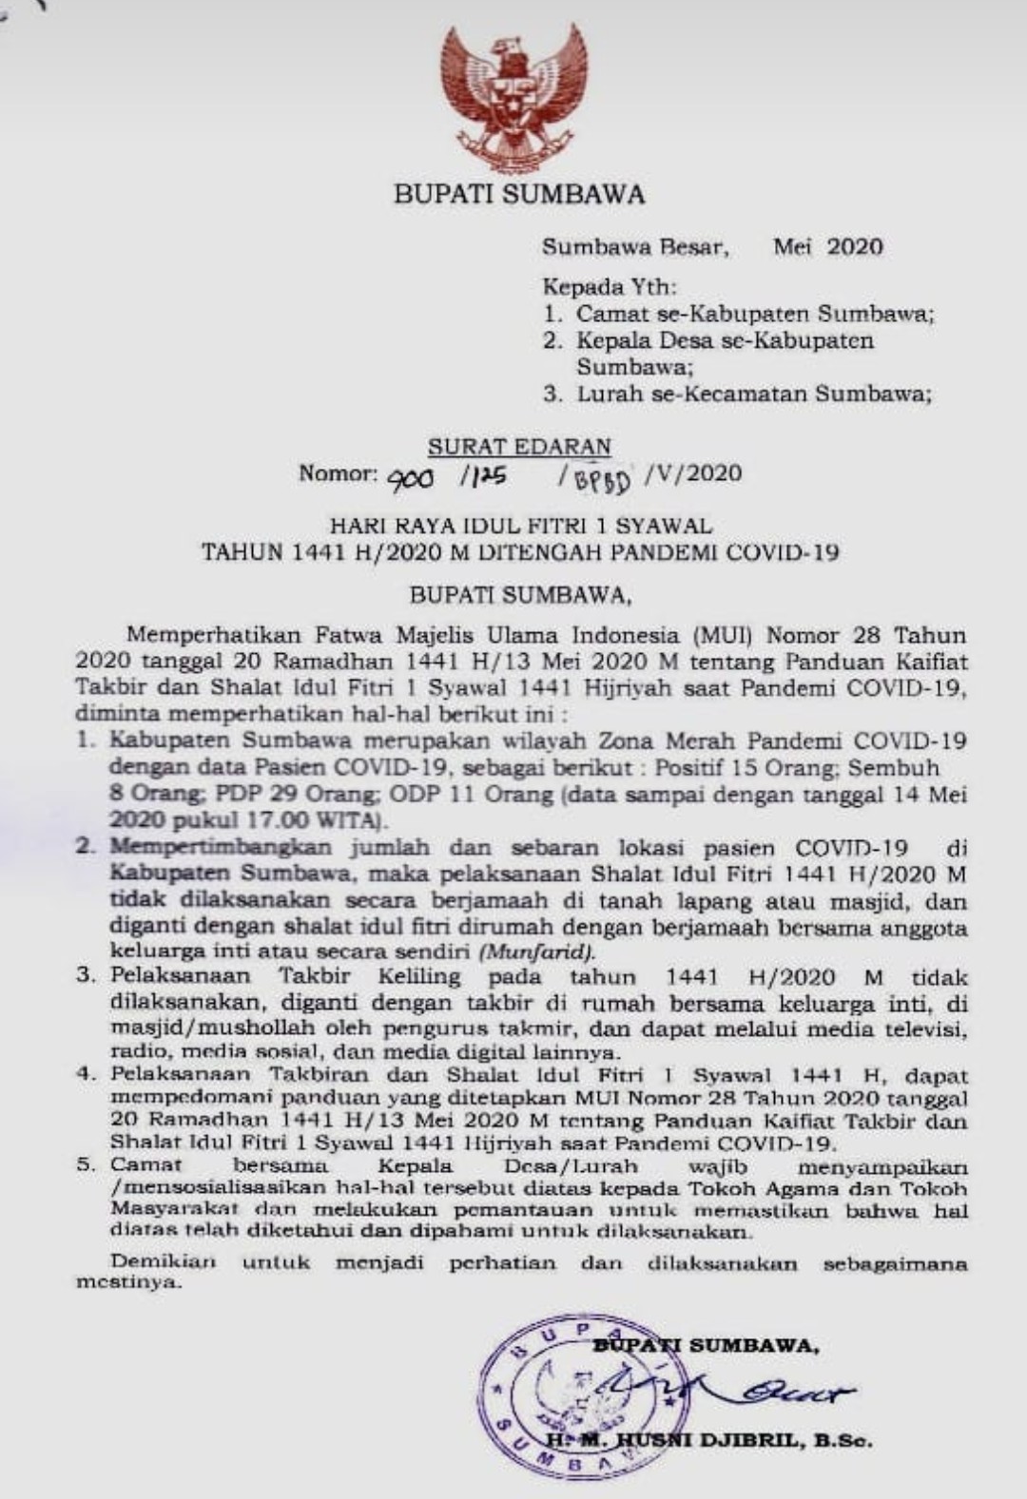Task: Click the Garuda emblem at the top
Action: coord(513,95)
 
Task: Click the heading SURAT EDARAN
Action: coord(519,447)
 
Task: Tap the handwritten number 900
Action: coord(410,479)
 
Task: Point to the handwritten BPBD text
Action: coord(602,482)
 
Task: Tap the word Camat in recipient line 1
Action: coord(610,313)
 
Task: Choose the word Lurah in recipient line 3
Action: coord(610,394)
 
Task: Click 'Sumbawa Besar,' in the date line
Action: coord(635,247)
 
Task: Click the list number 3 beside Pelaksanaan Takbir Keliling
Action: coord(87,975)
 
